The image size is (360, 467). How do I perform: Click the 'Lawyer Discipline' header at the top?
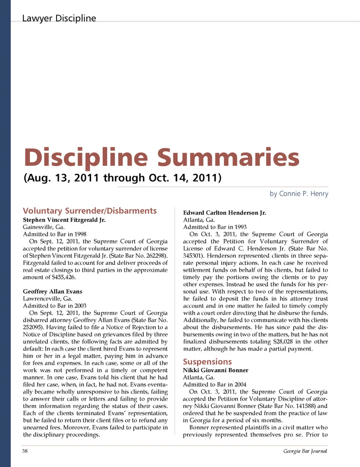click(x=59, y=18)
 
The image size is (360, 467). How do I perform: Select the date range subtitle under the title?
click(x=122, y=177)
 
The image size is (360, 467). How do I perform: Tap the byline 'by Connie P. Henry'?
click(x=299, y=194)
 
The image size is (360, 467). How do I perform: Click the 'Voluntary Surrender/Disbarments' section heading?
click(x=90, y=211)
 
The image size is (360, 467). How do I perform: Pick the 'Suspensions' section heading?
click(x=207, y=362)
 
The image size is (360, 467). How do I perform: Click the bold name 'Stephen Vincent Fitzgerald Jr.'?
click(x=64, y=220)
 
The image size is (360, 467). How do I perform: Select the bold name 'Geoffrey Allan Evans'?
click(x=52, y=291)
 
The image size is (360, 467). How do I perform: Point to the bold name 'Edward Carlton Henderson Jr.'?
click(x=225, y=213)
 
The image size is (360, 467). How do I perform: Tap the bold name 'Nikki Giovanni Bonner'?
click(x=216, y=370)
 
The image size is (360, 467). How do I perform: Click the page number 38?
click(x=25, y=451)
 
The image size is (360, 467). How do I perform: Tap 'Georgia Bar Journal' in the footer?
click(x=305, y=451)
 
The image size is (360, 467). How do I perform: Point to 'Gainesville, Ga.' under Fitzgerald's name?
click(x=43, y=227)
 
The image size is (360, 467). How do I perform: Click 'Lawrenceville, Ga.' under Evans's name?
click(x=47, y=299)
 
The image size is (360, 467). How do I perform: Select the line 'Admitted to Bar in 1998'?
click(x=54, y=234)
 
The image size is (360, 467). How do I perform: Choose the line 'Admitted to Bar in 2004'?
click(x=214, y=384)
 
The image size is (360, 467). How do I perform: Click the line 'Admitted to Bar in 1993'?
click(x=215, y=227)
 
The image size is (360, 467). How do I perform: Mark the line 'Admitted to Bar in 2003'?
click(x=54, y=306)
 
